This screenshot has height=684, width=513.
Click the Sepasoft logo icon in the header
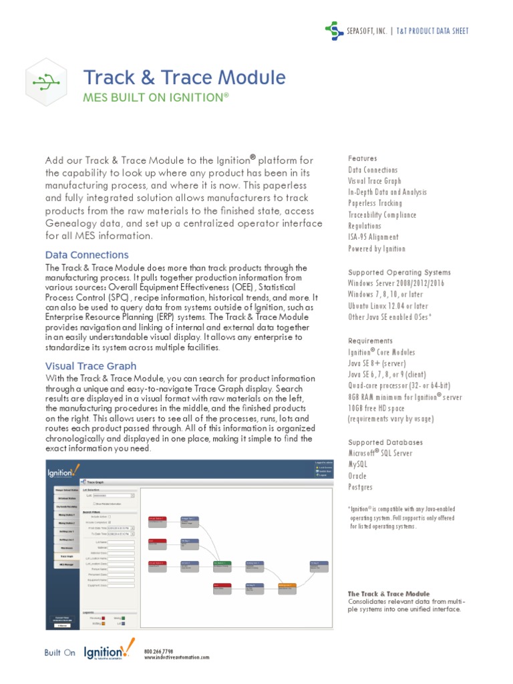(334, 30)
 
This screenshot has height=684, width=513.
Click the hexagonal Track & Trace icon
(45, 82)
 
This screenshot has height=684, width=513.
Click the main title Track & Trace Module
(184, 77)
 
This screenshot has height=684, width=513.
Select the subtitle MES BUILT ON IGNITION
(155, 98)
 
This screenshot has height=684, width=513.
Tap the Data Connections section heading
(87, 255)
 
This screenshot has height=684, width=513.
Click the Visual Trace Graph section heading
(91, 366)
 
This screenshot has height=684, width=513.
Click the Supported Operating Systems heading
(399, 273)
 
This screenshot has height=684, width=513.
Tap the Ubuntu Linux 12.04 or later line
(388, 306)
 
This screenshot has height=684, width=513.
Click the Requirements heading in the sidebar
(371, 341)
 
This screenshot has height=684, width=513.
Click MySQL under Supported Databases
(358, 464)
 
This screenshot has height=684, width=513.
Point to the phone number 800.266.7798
(159, 651)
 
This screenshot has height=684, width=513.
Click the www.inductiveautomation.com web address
(176, 657)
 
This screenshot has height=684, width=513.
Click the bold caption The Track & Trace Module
(389, 594)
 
